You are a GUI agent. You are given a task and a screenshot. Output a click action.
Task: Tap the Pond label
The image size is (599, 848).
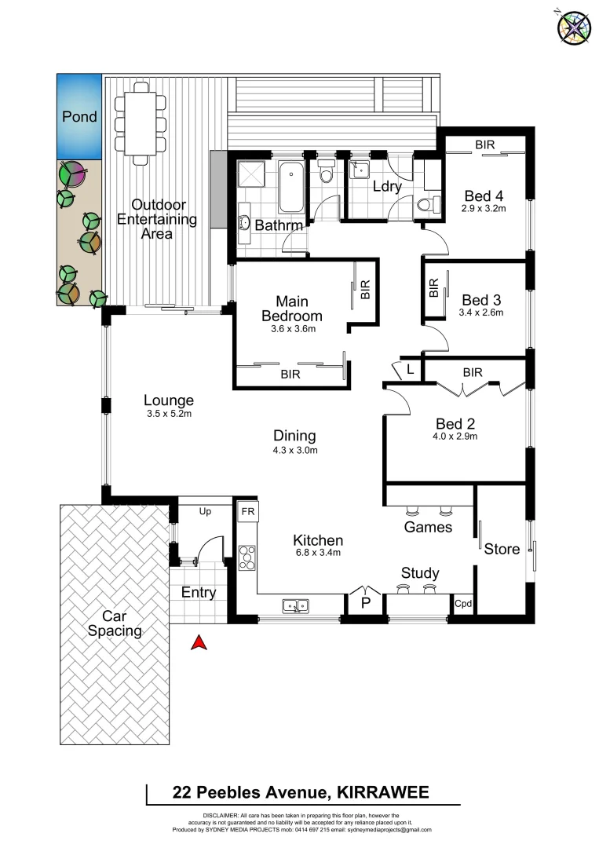[79, 117]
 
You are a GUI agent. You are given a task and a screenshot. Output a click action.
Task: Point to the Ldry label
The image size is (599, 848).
[386, 187]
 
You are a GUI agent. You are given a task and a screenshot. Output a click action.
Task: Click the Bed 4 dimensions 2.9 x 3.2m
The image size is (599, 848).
[484, 209]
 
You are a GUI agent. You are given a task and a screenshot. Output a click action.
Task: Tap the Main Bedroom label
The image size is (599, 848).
[291, 309]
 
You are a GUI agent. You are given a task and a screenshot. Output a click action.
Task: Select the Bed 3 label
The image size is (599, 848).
[481, 299]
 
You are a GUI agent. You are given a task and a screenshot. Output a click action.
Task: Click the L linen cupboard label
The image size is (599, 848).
[410, 370]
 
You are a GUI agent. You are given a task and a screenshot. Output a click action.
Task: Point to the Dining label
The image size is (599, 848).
[294, 436]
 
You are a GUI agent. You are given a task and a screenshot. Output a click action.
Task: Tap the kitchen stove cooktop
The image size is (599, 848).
[247, 559]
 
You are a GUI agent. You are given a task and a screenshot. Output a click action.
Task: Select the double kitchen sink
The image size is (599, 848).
[296, 605]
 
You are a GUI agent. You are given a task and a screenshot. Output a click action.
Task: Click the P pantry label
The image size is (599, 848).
[365, 603]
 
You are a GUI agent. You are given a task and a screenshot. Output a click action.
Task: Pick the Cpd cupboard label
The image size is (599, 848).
[462, 604]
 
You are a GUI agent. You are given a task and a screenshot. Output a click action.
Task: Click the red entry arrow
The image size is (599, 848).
[199, 643]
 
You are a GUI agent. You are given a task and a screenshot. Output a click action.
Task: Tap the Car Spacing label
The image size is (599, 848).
[115, 623]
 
